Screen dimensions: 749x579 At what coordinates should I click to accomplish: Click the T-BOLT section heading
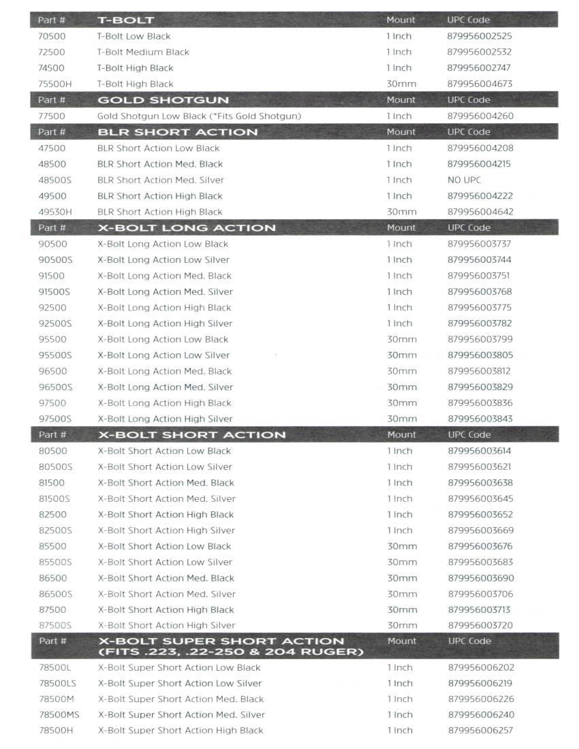point(125,20)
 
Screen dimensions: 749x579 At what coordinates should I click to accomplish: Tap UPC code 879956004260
point(480,116)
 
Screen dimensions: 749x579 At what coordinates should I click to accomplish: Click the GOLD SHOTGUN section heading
point(163,100)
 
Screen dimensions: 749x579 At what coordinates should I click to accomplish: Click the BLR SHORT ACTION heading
point(177,132)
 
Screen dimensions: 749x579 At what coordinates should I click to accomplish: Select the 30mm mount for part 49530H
point(401,212)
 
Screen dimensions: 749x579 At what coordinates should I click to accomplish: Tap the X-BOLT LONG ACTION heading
point(187,227)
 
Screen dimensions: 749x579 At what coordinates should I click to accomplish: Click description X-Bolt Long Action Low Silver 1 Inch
point(163,259)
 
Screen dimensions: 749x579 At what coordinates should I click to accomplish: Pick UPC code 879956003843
point(480,419)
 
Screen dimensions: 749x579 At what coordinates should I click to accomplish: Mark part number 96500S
point(55,387)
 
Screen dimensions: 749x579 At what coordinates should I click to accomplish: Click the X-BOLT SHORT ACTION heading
point(191,434)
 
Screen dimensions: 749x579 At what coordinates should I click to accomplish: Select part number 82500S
point(55,530)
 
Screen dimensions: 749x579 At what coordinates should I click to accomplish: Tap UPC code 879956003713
point(479,610)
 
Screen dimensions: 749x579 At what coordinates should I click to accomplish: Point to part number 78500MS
point(59,714)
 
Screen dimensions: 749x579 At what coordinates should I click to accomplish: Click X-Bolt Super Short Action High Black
point(181,731)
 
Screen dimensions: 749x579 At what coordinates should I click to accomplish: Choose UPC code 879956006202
point(480,667)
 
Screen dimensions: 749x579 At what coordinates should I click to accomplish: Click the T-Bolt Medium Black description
point(143,52)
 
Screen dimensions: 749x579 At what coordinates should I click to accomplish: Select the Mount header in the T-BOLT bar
point(401,20)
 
